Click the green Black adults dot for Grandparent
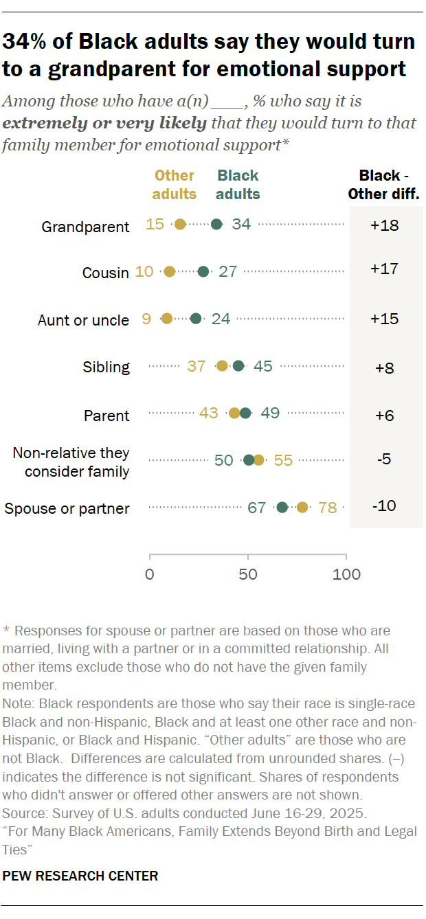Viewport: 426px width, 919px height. click(x=216, y=224)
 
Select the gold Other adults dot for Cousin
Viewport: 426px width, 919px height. click(x=169, y=271)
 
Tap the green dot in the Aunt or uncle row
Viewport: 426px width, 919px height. click(x=196, y=319)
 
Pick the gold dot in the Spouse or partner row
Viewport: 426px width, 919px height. click(x=302, y=508)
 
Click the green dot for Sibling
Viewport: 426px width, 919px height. click(x=238, y=366)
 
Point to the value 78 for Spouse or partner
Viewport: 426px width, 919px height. click(x=327, y=508)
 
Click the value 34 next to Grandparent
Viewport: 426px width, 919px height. click(x=241, y=224)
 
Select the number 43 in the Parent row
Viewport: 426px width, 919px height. click(x=209, y=413)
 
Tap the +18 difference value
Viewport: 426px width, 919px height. click(x=384, y=225)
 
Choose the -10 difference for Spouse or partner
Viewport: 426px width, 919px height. click(x=384, y=506)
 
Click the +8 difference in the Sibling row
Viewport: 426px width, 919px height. click(x=384, y=367)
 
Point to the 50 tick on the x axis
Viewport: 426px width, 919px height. click(x=248, y=574)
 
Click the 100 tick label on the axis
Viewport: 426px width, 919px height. click(x=346, y=574)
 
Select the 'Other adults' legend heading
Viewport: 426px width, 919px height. click(x=175, y=185)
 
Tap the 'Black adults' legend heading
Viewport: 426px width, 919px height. click(x=238, y=185)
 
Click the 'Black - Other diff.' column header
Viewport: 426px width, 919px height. click(x=383, y=185)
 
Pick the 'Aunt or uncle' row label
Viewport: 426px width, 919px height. click(x=83, y=320)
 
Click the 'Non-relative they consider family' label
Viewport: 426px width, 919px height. click(x=71, y=462)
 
